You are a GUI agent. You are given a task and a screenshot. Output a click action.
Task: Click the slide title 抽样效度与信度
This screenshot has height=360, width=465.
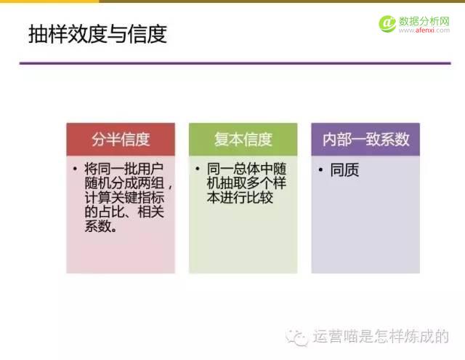click(x=97, y=33)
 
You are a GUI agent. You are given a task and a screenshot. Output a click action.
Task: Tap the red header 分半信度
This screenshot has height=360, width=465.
click(x=121, y=140)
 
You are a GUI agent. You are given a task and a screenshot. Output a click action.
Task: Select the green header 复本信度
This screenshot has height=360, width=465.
click(x=243, y=140)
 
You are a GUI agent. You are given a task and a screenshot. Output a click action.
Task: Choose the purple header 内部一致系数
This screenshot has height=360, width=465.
click(x=365, y=140)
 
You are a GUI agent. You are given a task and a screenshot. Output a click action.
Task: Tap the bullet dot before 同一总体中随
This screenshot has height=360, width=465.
click(x=198, y=168)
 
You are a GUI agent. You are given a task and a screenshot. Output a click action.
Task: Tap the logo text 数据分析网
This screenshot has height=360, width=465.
click(x=424, y=20)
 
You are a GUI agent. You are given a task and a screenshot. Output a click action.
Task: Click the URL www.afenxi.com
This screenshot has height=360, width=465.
click(x=424, y=31)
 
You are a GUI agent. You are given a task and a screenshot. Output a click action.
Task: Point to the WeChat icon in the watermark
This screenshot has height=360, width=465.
click(x=297, y=336)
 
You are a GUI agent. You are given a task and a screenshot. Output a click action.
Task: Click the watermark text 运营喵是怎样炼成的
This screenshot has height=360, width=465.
click(x=381, y=337)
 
